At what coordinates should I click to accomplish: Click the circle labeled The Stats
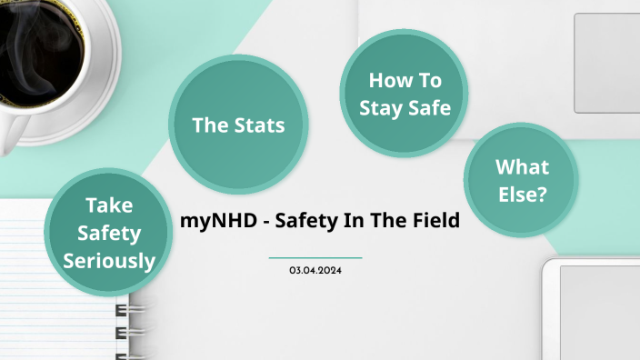(237, 125)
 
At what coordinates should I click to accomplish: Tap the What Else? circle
(521, 180)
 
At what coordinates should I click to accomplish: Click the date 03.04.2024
(315, 271)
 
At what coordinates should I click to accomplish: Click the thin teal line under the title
(315, 258)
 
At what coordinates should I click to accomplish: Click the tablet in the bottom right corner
(595, 314)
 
